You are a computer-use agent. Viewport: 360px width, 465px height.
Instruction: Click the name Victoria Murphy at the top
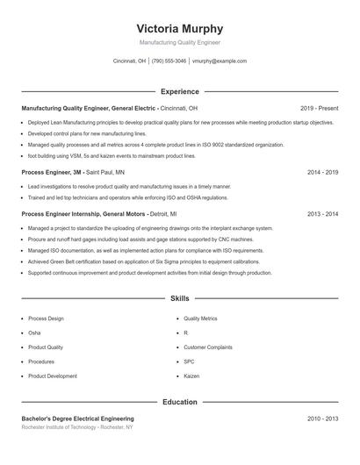click(x=180, y=28)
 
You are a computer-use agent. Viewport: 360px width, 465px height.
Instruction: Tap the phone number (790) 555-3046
click(x=169, y=61)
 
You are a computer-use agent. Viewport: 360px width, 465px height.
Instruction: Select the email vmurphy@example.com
click(x=219, y=61)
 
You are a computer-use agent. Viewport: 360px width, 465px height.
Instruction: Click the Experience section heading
click(x=180, y=91)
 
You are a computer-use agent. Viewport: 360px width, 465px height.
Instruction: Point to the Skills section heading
click(x=180, y=299)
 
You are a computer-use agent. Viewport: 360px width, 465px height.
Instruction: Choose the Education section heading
click(x=180, y=403)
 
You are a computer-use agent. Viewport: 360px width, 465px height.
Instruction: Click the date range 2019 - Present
click(x=320, y=108)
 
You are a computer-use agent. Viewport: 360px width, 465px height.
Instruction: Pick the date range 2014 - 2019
click(x=323, y=173)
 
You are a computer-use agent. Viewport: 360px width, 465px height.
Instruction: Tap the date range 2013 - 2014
click(x=323, y=214)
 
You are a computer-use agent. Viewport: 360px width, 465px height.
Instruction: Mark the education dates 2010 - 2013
click(x=323, y=419)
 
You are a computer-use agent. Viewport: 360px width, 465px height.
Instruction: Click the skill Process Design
click(x=47, y=318)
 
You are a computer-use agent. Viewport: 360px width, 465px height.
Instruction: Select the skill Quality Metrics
click(x=200, y=318)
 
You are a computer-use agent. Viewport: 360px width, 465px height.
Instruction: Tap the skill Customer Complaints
click(x=207, y=347)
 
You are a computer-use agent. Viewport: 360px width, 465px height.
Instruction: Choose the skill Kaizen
click(x=191, y=376)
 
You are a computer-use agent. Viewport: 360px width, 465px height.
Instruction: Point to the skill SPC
click(x=189, y=361)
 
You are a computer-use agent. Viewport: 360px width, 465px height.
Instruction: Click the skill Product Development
click(x=53, y=376)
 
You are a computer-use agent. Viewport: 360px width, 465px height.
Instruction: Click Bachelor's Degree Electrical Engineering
click(x=77, y=419)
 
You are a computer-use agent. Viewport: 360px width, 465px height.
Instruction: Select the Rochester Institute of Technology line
click(x=77, y=428)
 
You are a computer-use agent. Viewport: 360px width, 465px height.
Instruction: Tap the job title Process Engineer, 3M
click(x=52, y=173)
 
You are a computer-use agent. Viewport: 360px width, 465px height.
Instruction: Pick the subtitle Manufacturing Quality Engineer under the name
click(x=180, y=42)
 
